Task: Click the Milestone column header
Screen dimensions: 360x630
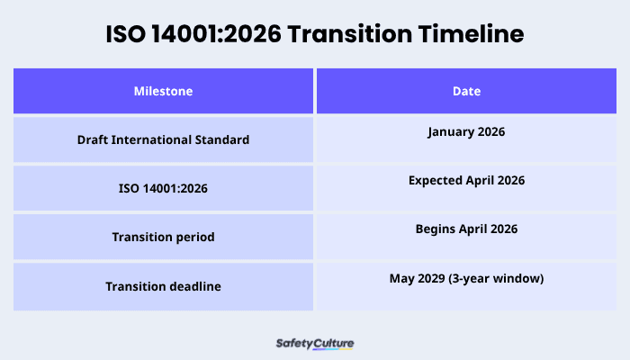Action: [x=163, y=91]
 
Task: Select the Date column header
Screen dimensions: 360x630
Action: [x=466, y=91]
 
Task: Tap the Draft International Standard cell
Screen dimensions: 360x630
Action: [x=163, y=139]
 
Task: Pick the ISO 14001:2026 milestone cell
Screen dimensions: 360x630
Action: [x=163, y=189]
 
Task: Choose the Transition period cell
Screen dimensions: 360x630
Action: [x=163, y=238]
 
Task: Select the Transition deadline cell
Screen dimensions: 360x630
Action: [x=163, y=286]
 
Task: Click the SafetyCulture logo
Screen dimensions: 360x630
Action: [x=314, y=344]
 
